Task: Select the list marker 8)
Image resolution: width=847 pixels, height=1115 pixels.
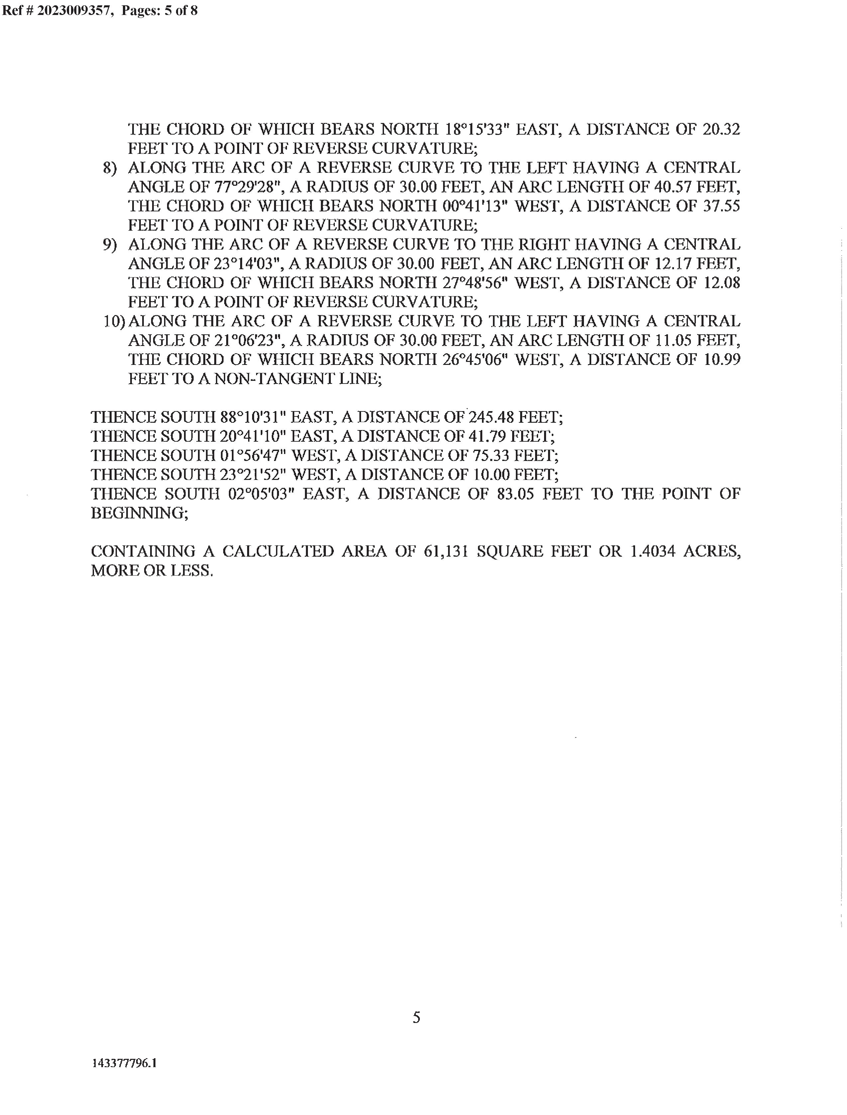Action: click(x=110, y=168)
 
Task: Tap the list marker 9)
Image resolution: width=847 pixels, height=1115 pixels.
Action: click(x=110, y=245)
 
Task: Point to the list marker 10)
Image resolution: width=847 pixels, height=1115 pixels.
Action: click(x=114, y=321)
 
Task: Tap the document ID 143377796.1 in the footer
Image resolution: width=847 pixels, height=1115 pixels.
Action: click(x=125, y=1063)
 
